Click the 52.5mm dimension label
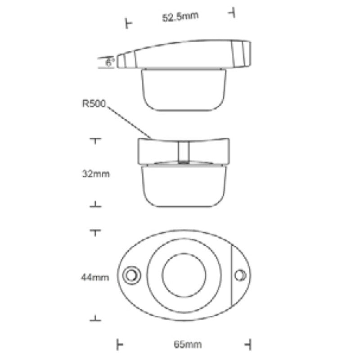[180, 18]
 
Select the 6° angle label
[110, 63]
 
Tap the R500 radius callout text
[94, 104]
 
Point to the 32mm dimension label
[96, 174]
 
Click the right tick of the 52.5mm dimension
[233, 12]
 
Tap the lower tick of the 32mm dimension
[95, 205]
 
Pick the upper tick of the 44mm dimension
[95, 232]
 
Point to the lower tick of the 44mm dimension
[95, 319]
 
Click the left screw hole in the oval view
[132, 274]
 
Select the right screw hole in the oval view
[241, 274]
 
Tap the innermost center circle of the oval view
[184, 275]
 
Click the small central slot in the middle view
[184, 152]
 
